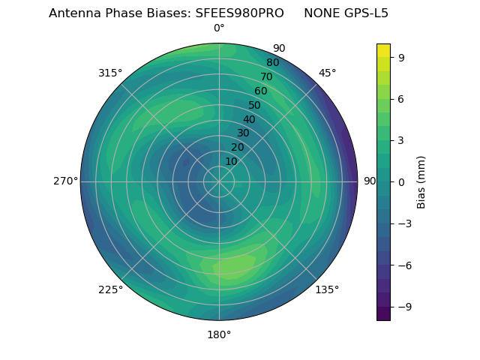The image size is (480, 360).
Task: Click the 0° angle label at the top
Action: pyautogui.click(x=219, y=28)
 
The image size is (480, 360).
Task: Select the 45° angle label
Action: pyautogui.click(x=328, y=73)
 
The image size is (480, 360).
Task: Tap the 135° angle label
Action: pyautogui.click(x=327, y=289)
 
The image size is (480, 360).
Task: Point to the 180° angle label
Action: pyautogui.click(x=219, y=334)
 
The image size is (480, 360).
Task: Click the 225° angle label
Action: pyautogui.click(x=110, y=290)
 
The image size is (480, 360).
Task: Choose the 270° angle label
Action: pyautogui.click(x=65, y=181)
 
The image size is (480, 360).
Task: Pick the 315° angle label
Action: pyautogui.click(x=110, y=73)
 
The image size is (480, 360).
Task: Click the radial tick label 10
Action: pyautogui.click(x=231, y=161)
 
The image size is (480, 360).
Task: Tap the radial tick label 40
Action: pyautogui.click(x=249, y=119)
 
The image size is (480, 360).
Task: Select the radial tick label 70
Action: pyautogui.click(x=266, y=76)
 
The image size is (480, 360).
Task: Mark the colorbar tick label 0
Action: pyautogui.click(x=402, y=181)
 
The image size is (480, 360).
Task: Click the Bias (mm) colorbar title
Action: pyautogui.click(x=421, y=181)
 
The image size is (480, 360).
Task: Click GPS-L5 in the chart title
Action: pyautogui.click(x=364, y=13)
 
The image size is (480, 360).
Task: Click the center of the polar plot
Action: pyautogui.click(x=219, y=181)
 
